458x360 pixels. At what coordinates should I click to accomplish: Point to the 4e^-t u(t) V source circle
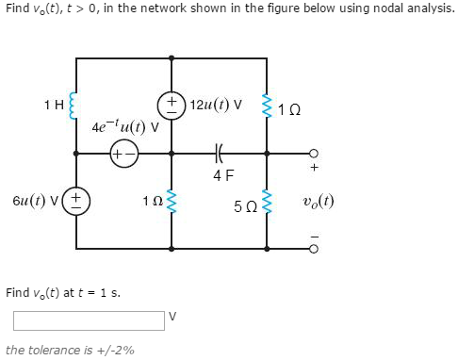[x=123, y=151]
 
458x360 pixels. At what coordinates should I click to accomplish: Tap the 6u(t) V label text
[x=34, y=199]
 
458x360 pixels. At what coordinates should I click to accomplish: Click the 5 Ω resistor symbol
[x=269, y=200]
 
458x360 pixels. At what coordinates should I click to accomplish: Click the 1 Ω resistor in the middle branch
[x=172, y=200]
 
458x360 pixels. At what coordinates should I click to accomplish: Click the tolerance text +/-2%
[x=70, y=350]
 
